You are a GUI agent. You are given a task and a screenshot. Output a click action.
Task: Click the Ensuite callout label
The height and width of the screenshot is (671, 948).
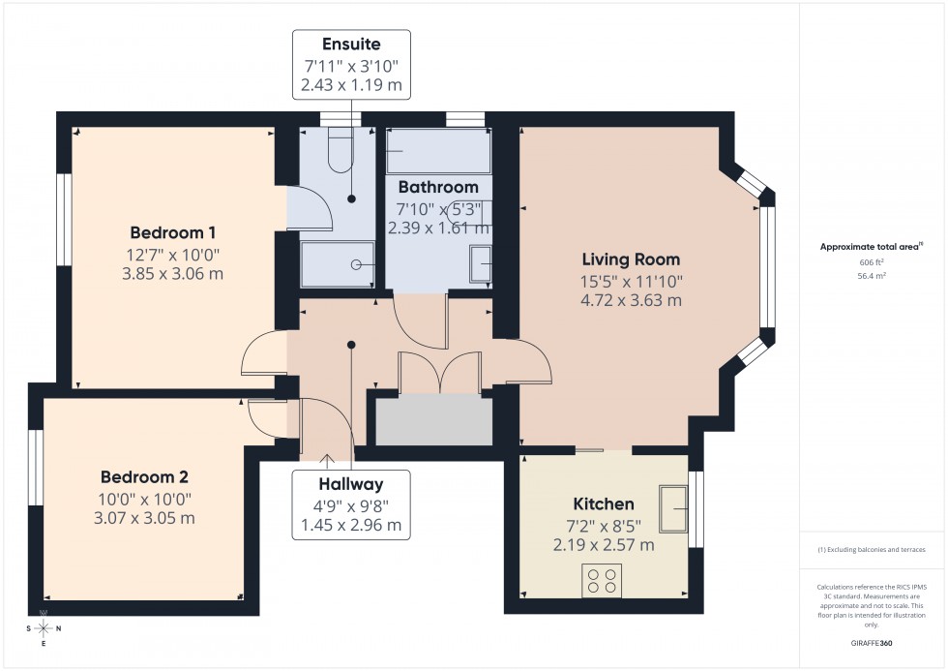point(352,45)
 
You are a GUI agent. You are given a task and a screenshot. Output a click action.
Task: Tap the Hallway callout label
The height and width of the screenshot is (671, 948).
point(352,484)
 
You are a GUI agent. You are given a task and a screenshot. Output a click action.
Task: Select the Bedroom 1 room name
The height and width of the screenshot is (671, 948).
point(173,232)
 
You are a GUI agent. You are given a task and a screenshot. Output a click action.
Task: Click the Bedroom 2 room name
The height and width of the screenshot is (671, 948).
point(144,477)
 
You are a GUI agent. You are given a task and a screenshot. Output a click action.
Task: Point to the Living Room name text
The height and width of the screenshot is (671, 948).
point(631,259)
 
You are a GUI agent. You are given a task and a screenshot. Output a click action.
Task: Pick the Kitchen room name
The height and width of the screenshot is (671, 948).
point(604,504)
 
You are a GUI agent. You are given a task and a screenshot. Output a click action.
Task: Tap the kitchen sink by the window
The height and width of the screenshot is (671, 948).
point(673,508)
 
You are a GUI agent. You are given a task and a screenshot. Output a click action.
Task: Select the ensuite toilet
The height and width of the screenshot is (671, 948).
point(341,150)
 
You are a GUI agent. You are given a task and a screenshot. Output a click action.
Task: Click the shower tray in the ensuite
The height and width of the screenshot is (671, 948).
point(337,264)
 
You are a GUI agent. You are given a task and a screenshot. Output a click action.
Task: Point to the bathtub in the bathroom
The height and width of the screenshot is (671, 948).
point(438,151)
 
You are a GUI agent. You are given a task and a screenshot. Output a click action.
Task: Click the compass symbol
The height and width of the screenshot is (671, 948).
point(44,627)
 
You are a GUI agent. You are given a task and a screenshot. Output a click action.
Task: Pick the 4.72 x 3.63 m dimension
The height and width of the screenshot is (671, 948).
point(631,300)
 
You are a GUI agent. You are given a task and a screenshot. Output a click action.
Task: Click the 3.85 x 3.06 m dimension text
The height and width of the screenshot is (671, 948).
point(172,273)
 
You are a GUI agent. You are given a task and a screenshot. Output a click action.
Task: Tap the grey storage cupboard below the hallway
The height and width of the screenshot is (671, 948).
point(432,420)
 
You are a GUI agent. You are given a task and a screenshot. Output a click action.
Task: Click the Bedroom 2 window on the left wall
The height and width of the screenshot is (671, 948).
point(35,466)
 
